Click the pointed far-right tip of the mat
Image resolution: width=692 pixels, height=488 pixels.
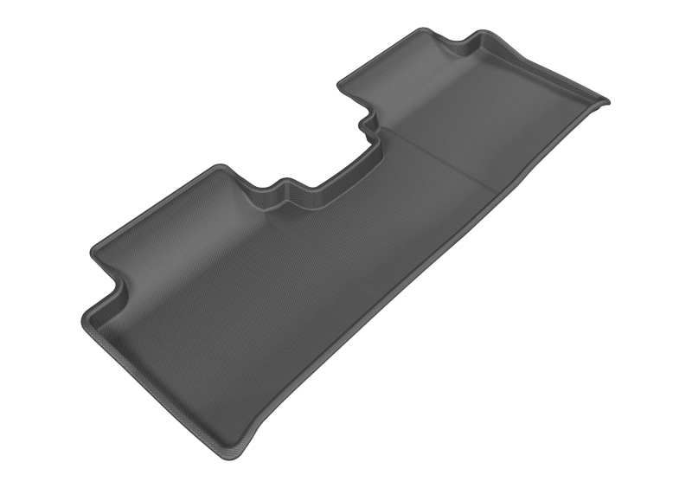click(608, 101)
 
